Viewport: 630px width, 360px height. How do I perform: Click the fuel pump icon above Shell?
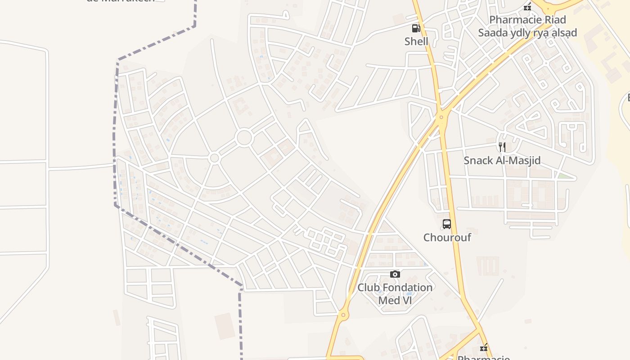pos(416,29)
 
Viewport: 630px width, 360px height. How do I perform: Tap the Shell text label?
pos(416,41)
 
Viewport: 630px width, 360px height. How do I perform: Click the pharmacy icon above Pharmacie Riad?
pos(527,7)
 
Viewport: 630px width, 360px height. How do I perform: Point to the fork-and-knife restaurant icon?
pos(502,147)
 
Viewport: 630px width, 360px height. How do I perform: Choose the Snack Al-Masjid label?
pos(502,161)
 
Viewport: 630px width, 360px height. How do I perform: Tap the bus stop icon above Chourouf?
pos(447,224)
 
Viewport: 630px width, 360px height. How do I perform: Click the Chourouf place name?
pos(447,237)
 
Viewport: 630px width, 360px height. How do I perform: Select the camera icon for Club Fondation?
pos(395,274)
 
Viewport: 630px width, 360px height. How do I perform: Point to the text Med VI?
pos(395,300)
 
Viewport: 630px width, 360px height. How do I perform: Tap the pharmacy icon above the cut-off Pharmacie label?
pos(484,347)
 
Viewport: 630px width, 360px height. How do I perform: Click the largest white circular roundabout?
pos(244,138)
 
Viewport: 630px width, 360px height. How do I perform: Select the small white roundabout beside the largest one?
pos(214,158)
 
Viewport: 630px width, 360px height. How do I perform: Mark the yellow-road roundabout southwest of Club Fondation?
pos(343,315)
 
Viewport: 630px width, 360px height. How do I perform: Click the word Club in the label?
pos(368,288)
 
